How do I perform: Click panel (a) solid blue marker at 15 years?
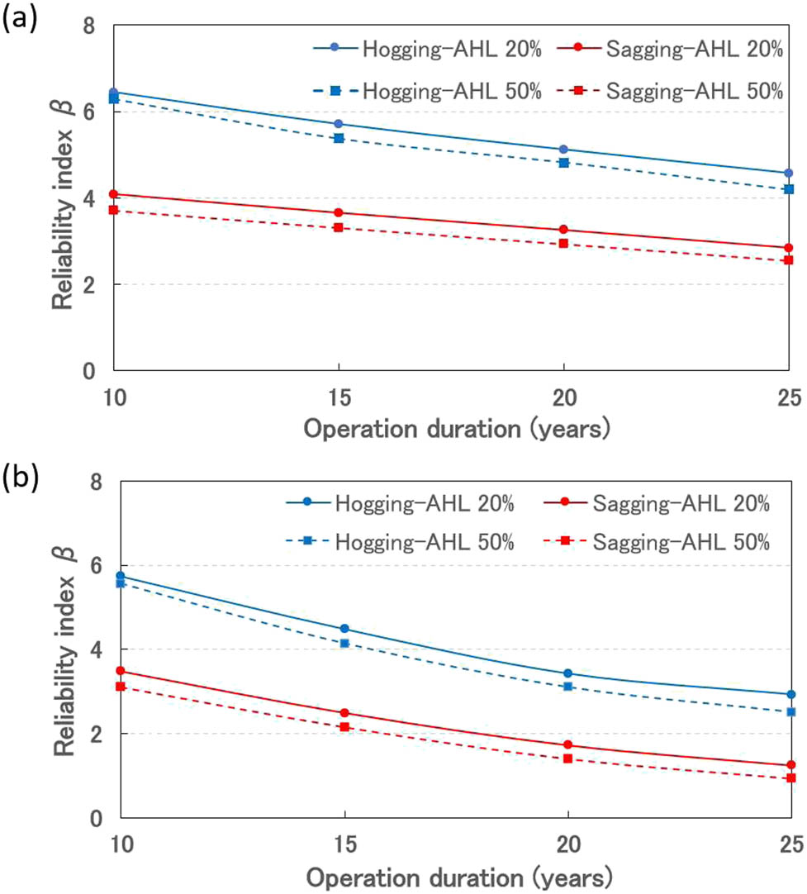(339, 124)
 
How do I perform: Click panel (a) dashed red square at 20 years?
(563, 244)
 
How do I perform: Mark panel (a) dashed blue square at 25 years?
(789, 189)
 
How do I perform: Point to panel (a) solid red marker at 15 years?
(339, 213)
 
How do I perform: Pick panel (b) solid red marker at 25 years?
(790, 765)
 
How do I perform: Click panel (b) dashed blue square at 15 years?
(341, 643)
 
